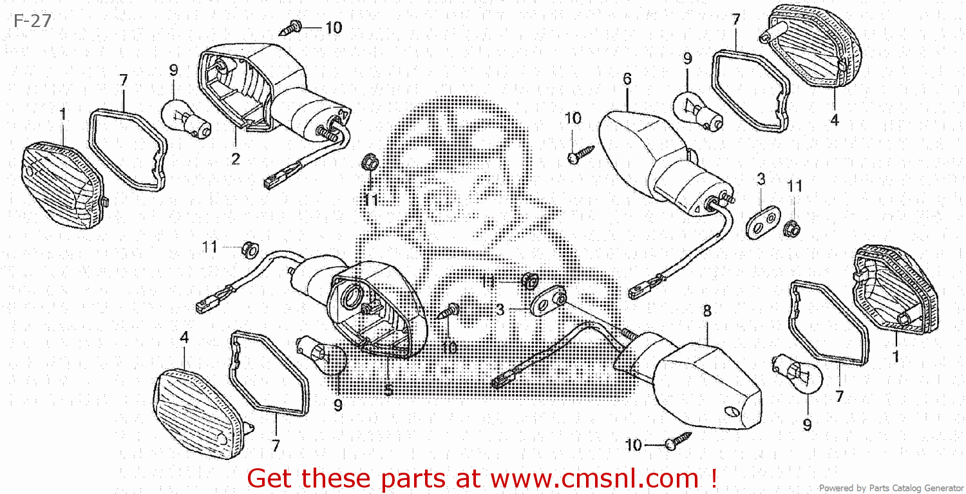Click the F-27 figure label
click(x=32, y=21)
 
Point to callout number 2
click(x=236, y=158)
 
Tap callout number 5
click(x=388, y=390)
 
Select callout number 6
click(x=627, y=79)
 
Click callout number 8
click(x=707, y=311)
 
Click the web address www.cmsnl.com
click(x=594, y=479)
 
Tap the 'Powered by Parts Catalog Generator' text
click(x=891, y=488)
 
